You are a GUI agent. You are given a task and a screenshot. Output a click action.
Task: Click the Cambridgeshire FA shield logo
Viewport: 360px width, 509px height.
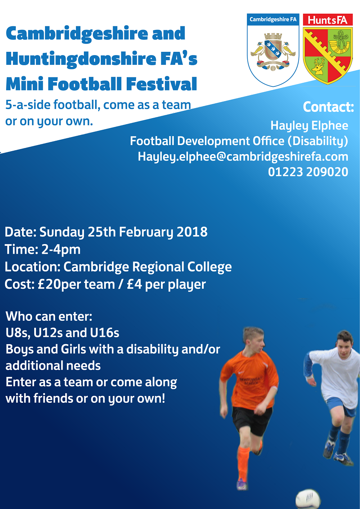tap(273, 50)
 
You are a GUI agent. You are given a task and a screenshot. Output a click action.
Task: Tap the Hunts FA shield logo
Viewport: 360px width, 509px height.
tap(328, 49)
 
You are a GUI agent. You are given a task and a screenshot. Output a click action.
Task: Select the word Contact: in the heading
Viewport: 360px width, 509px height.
tap(328, 107)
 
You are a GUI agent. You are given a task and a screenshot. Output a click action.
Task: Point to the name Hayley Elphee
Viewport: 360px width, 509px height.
tap(309, 126)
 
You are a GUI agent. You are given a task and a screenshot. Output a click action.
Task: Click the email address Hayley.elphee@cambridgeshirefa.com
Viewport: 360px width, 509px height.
tap(243, 157)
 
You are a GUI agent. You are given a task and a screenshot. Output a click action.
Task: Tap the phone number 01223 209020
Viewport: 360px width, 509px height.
tap(308, 172)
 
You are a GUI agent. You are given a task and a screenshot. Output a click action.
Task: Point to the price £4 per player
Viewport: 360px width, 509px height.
tap(166, 284)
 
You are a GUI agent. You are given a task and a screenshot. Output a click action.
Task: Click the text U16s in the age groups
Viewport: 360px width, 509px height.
tap(104, 333)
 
